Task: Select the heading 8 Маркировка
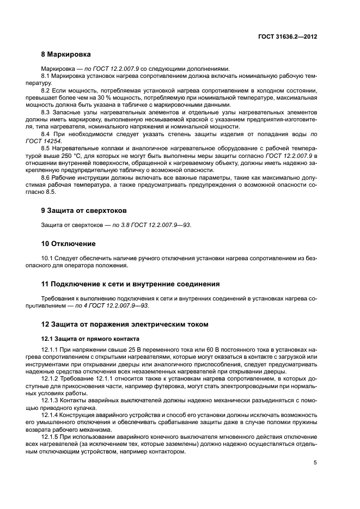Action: point(66,54)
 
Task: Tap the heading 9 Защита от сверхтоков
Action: point(81,210)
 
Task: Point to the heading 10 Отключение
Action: point(68,243)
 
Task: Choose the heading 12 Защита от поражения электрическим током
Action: point(125,324)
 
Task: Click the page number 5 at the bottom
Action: point(315,463)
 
